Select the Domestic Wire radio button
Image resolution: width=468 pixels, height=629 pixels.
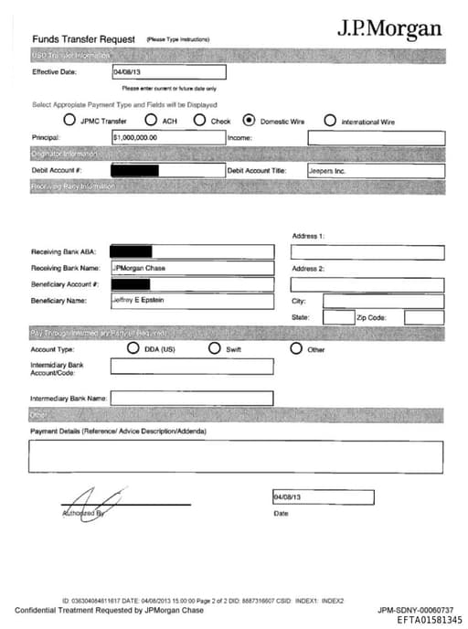click(x=249, y=120)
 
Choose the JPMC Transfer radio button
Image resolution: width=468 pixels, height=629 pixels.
click(x=69, y=120)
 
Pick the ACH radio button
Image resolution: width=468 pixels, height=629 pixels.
click(x=150, y=120)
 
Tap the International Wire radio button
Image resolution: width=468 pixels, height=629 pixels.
click(x=330, y=120)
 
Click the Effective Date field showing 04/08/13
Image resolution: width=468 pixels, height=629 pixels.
click(x=168, y=71)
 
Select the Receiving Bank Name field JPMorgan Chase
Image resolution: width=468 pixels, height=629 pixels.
click(x=192, y=268)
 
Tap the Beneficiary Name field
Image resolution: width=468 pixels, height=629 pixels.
click(x=192, y=301)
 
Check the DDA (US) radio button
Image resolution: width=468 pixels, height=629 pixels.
click(x=133, y=348)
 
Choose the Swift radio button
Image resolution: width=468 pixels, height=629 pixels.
click(x=215, y=348)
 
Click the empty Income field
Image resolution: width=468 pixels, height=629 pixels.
click(x=376, y=138)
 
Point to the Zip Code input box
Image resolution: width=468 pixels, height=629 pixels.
click(x=423, y=317)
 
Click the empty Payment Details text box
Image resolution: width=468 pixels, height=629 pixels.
click(x=237, y=455)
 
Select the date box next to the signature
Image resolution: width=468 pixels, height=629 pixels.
click(x=322, y=497)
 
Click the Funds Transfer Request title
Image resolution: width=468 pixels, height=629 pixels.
click(x=83, y=39)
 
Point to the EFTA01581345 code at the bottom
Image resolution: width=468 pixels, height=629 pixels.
click(x=430, y=620)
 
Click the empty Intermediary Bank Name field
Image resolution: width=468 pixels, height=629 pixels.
click(x=192, y=399)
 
